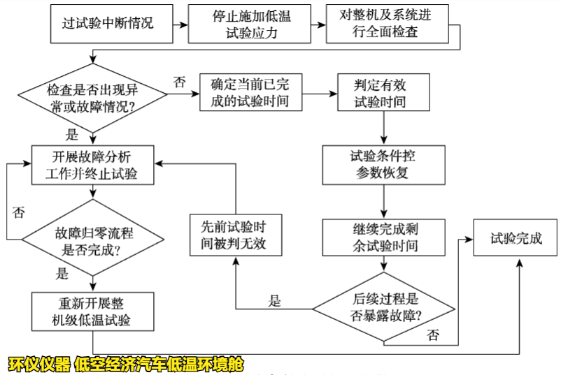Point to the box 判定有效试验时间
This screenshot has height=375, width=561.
[381, 92]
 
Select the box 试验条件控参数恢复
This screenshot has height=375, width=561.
[382, 164]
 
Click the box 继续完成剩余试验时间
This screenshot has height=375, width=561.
[382, 237]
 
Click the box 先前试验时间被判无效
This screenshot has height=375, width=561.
[233, 237]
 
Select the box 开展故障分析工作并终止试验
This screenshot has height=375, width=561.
[91, 166]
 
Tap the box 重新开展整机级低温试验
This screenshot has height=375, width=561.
[92, 311]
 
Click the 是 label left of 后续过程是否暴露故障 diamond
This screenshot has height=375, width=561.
[275, 301]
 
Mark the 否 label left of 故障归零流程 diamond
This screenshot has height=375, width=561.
[18, 212]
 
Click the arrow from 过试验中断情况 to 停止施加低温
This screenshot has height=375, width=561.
[180, 23]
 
